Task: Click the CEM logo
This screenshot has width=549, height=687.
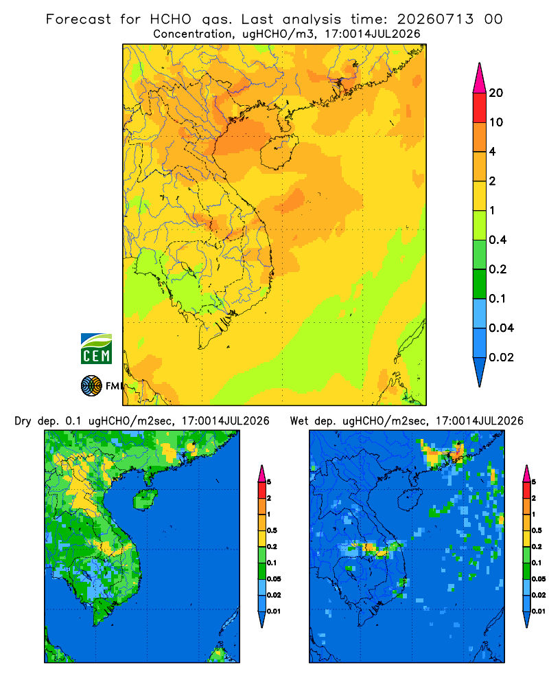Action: coord(96,349)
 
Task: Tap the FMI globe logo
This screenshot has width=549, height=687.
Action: coord(91,386)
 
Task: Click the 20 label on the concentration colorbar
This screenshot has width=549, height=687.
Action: coord(496,93)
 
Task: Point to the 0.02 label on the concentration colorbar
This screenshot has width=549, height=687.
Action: coord(501,357)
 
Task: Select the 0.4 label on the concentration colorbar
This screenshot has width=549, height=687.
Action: coord(498,240)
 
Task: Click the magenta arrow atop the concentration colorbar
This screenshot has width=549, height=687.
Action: coord(480,78)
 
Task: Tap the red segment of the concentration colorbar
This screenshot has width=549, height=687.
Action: coord(480,107)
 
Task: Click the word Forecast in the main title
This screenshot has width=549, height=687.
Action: coord(78,19)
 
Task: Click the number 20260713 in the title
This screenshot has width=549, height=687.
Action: coord(435,19)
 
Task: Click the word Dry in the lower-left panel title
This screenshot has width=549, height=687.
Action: coord(23,422)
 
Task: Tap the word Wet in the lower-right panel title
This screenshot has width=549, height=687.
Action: coord(300,421)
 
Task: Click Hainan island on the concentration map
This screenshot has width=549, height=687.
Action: coord(279,152)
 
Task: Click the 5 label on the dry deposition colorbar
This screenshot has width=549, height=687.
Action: coord(269,482)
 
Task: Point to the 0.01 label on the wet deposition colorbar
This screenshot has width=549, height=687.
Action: coord(538,611)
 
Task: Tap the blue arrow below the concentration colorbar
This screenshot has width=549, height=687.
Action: coord(480,372)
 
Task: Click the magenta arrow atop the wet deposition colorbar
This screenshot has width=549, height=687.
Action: coord(526,473)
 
